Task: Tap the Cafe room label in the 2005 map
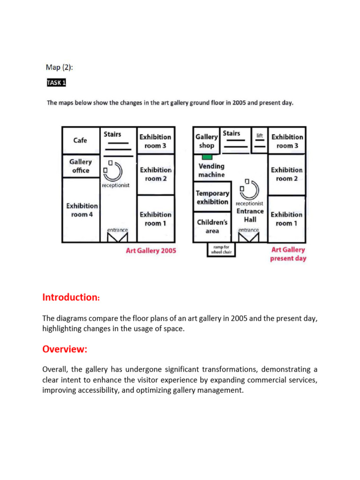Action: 80,140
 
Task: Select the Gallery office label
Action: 81,166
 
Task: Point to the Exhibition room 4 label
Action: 82,210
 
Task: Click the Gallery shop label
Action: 207,141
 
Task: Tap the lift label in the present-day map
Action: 260,135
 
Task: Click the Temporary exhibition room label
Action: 212,197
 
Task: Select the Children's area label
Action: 212,226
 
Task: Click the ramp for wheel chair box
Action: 221,249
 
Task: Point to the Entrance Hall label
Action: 250,215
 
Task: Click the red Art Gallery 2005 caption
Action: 151,250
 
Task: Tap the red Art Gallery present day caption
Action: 288,254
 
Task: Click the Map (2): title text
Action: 60,67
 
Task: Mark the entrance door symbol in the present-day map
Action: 248,236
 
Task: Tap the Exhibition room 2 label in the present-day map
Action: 287,174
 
